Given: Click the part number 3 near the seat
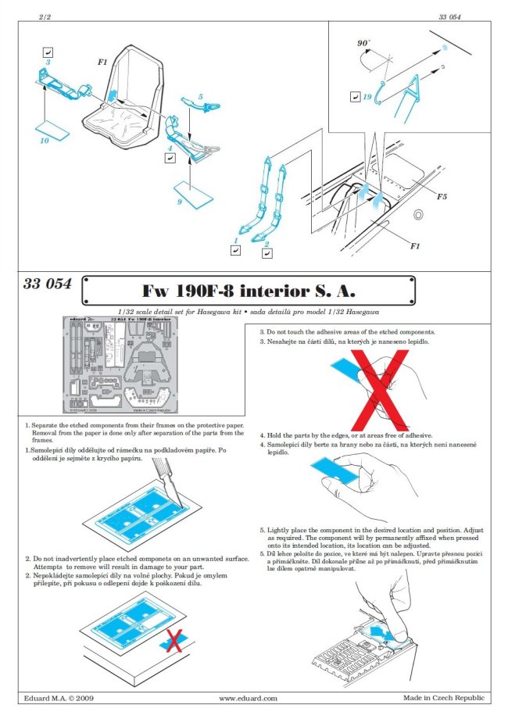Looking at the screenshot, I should [48, 61].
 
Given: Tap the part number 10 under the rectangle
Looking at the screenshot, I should [44, 141].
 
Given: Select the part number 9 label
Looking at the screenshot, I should [179, 202].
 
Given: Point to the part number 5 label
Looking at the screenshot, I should [201, 97].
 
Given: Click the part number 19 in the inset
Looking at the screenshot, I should [367, 98].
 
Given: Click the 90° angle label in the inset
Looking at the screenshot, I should [364, 45].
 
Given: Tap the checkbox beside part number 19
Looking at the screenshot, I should [353, 98].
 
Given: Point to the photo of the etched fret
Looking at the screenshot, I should [125, 364].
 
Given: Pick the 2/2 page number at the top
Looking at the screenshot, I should [44, 14].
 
